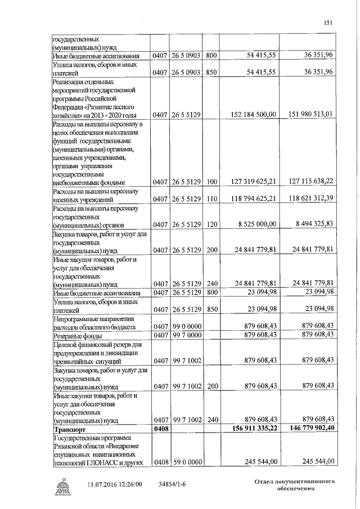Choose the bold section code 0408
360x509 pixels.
pos(160,428)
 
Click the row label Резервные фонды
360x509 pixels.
pos(76,335)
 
